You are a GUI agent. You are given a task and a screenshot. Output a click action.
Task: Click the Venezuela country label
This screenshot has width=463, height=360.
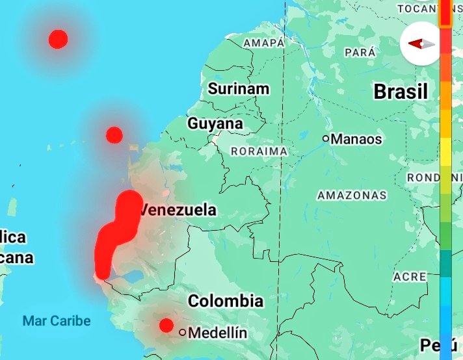(178, 211)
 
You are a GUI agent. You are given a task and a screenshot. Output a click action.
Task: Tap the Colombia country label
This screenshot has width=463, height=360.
(226, 301)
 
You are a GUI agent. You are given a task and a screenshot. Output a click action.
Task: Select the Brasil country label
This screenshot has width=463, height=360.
(401, 92)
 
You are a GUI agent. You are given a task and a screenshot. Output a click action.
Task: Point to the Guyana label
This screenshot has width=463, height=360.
(215, 123)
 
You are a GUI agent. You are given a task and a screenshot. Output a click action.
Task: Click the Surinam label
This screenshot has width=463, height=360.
(239, 89)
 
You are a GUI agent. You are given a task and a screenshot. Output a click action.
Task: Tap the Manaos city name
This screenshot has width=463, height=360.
(356, 139)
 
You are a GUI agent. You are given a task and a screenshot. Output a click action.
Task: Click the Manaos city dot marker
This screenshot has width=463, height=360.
(326, 138)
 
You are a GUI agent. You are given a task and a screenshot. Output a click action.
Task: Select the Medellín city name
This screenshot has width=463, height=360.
(218, 333)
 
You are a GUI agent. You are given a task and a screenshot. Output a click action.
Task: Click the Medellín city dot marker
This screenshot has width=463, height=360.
(183, 332)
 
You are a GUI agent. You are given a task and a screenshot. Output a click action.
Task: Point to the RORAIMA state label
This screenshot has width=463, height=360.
(259, 151)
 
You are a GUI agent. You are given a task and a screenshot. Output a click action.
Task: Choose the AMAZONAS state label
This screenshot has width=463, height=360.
(352, 195)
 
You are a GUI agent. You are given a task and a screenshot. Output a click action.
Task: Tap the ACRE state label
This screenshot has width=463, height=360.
(410, 277)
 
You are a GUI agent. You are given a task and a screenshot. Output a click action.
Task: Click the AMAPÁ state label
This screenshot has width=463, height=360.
(264, 43)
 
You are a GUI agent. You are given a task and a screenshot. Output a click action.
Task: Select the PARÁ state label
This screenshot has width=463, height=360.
(361, 52)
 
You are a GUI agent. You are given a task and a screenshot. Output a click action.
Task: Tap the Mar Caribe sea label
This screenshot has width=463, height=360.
(57, 321)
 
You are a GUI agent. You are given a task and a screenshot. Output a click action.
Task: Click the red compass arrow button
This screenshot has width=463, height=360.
(420, 44)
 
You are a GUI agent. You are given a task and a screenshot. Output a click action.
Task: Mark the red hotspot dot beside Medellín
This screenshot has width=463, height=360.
(166, 326)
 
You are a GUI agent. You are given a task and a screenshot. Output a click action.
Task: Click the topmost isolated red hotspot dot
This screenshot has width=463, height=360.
(58, 39)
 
